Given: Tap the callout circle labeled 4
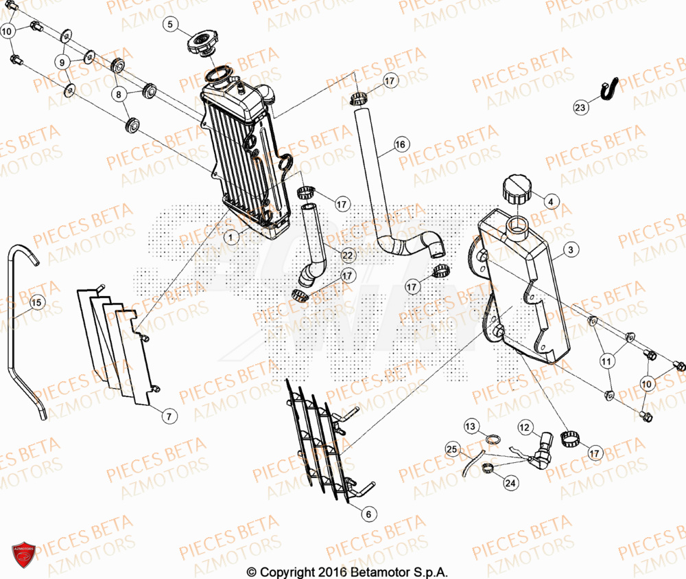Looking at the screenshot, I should [552, 202].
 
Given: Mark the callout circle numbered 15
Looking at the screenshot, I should [36, 302].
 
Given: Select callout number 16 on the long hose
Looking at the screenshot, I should [400, 145].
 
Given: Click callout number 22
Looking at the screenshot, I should [347, 256].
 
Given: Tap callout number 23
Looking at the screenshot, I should [580, 108].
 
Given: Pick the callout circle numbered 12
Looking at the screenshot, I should [525, 429].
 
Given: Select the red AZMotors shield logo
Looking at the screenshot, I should [24, 554].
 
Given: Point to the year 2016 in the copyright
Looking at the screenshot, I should [332, 571].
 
